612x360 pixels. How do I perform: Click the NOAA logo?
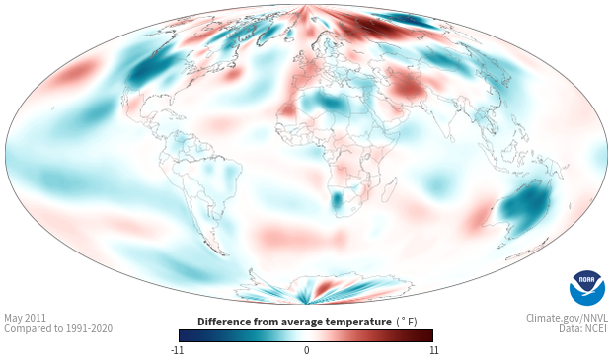pyautogui.click(x=587, y=288)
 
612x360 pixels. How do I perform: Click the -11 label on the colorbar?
pyautogui.click(x=177, y=350)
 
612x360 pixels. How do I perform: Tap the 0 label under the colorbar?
pyautogui.click(x=306, y=350)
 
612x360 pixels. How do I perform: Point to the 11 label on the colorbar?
pyautogui.click(x=433, y=350)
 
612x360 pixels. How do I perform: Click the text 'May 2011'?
pyautogui.click(x=25, y=318)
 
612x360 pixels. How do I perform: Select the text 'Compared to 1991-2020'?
pyautogui.click(x=58, y=328)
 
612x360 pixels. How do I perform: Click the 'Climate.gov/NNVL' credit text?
pyautogui.click(x=567, y=318)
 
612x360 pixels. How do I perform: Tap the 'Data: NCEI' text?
pyautogui.click(x=583, y=328)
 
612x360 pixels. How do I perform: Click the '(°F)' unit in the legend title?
pyautogui.click(x=407, y=323)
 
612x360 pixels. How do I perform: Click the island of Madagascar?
pyautogui.click(x=389, y=189)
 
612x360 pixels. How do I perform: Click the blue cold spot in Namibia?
pyautogui.click(x=336, y=199)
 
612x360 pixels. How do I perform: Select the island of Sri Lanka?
pyautogui.click(x=451, y=138)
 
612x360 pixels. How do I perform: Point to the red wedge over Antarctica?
pyautogui.click(x=324, y=288)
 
